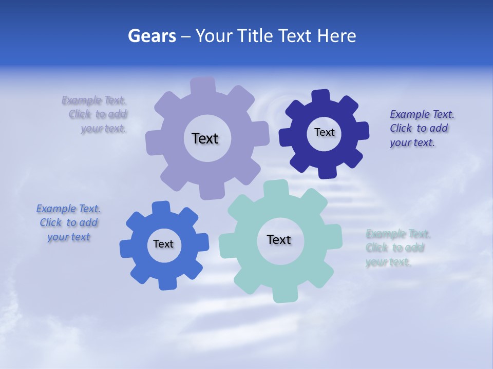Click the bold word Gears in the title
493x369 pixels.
click(x=151, y=36)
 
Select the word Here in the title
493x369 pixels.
click(x=337, y=36)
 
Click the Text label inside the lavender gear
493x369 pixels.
click(x=205, y=138)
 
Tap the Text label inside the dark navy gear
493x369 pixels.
click(x=324, y=132)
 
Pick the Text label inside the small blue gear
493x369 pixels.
click(x=163, y=244)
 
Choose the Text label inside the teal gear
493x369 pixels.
click(x=279, y=239)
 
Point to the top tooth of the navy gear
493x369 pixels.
click(x=321, y=97)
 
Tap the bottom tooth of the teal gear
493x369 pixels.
click(x=284, y=294)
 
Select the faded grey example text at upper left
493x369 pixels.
click(x=98, y=114)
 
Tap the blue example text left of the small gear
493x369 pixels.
click(x=68, y=222)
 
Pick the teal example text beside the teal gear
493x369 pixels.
click(x=397, y=248)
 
